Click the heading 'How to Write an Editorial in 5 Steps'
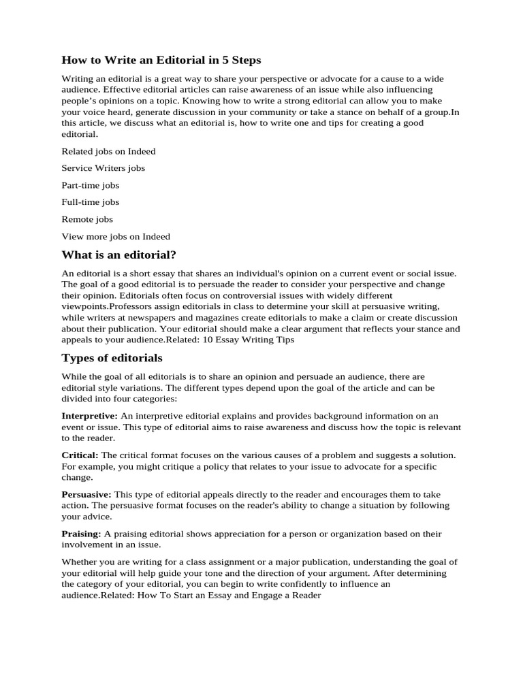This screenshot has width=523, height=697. (161, 61)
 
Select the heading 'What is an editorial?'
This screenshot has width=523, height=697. (118, 255)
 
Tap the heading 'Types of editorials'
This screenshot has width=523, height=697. (112, 357)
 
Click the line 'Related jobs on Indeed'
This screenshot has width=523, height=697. (108, 151)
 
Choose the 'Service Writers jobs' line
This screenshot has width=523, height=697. (103, 168)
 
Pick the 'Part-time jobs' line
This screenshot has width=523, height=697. (90, 185)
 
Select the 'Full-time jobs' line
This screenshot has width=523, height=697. (90, 202)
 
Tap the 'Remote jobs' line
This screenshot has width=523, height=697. (87, 219)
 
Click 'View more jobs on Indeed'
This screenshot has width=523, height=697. (116, 236)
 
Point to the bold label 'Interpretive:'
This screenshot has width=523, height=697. (89, 415)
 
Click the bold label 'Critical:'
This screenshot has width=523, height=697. (80, 455)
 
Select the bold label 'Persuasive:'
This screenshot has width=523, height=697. (86, 493)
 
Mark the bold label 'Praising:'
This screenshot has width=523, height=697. (81, 533)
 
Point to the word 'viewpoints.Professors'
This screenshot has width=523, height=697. (106, 306)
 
